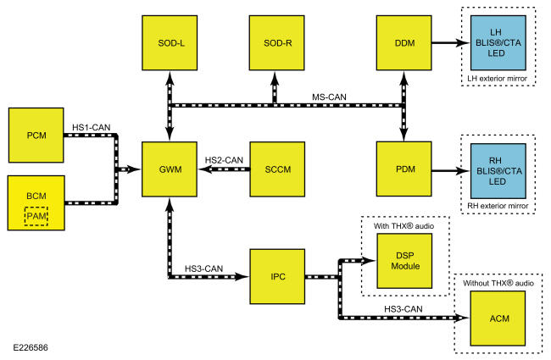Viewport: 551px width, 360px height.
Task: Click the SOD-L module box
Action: pyautogui.click(x=170, y=43)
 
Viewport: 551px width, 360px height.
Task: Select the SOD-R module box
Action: pyautogui.click(x=277, y=43)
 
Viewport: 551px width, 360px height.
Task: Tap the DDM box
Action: pyautogui.click(x=404, y=43)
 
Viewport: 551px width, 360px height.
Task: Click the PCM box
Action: pyautogui.click(x=36, y=136)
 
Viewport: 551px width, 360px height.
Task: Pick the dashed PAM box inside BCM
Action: pyautogui.click(x=36, y=216)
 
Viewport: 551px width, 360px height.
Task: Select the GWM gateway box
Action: pyautogui.click(x=170, y=169)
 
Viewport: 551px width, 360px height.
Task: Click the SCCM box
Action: pyautogui.click(x=277, y=169)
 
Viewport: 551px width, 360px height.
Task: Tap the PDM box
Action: pyautogui.click(x=404, y=169)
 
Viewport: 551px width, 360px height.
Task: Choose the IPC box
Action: pyautogui.click(x=277, y=276)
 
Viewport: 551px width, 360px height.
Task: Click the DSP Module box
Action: pyautogui.click(x=404, y=261)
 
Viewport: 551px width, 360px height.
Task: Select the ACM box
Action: pyautogui.click(x=498, y=318)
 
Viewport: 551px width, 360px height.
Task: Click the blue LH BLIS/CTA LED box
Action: pyautogui.click(x=498, y=43)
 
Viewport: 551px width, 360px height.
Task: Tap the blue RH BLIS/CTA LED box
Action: pyautogui.click(x=498, y=171)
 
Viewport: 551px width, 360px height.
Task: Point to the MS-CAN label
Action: pyautogui.click(x=329, y=97)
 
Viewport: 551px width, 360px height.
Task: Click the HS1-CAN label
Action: pyautogui.click(x=92, y=127)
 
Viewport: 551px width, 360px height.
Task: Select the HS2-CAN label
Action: pyautogui.click(x=224, y=160)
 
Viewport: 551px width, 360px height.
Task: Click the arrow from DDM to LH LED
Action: pyautogui.click(x=451, y=43)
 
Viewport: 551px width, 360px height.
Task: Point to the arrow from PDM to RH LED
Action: pyautogui.click(x=451, y=171)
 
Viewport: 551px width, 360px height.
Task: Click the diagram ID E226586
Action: pyautogui.click(x=31, y=347)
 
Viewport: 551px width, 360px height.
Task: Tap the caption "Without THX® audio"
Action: pyautogui.click(x=498, y=283)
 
